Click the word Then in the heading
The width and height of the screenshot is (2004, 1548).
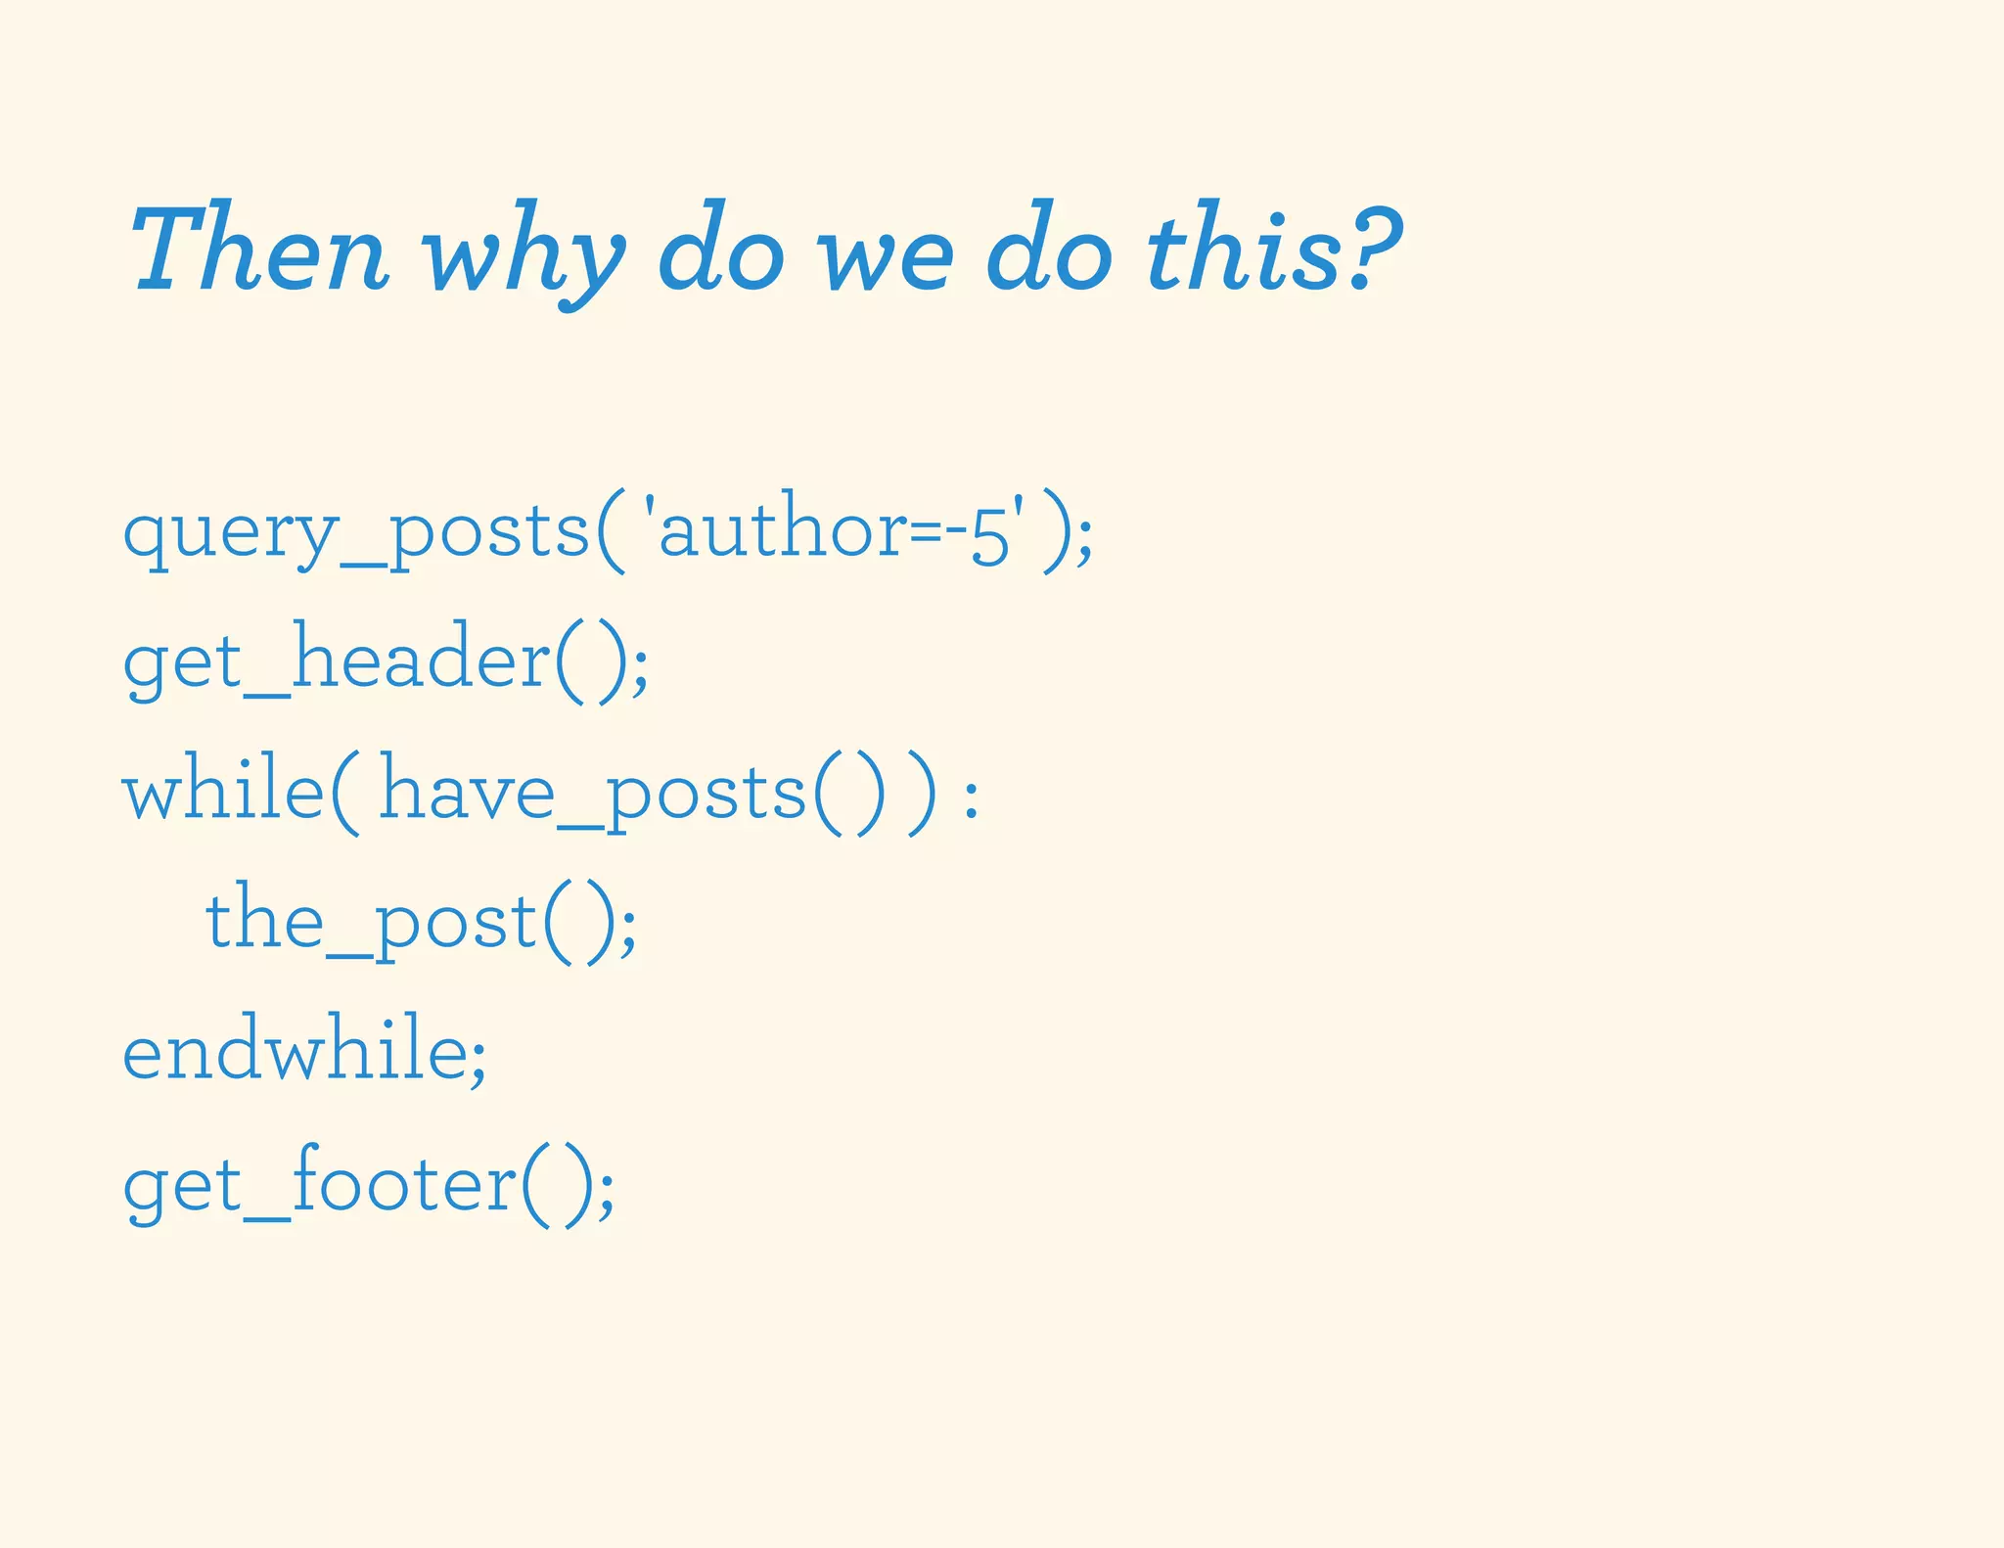259,250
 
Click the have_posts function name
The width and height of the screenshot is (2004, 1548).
592,794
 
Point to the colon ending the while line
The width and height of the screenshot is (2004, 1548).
971,797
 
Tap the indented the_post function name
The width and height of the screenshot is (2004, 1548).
371,924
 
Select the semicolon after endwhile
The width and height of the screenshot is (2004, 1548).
477,1063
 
